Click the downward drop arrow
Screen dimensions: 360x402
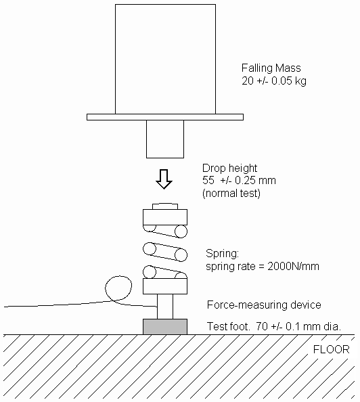coord(164,179)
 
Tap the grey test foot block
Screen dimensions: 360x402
coord(165,327)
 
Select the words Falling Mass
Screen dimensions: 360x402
coord(271,68)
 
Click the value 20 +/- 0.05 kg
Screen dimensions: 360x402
coord(274,81)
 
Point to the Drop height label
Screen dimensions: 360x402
coord(229,169)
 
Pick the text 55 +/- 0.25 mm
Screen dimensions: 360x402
coord(239,181)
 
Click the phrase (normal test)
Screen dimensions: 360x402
coord(231,193)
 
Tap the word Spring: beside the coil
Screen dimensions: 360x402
coord(223,254)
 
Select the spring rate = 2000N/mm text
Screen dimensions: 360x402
coord(263,267)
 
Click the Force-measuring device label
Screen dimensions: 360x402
coord(264,305)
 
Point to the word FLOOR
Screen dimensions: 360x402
coord(332,350)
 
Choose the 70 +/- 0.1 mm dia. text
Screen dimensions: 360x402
coord(298,327)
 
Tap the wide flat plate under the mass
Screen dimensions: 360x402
coord(165,117)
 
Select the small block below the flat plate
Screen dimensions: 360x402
coord(165,139)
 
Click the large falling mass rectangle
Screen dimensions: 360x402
coord(165,59)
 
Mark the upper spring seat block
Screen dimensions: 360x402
coord(165,217)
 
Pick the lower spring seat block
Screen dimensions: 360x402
coord(165,286)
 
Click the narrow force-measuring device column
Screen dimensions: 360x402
coord(165,307)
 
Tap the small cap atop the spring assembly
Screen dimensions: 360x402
coord(165,206)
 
